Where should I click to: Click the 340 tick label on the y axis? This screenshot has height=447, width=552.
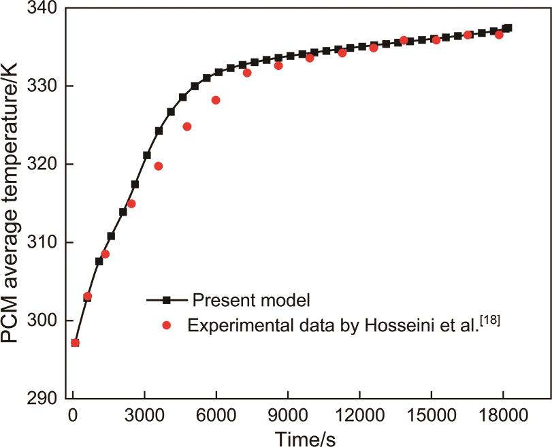[42, 9]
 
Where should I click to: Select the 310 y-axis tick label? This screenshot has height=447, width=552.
[42, 243]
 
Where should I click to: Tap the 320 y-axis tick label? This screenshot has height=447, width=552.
[42, 165]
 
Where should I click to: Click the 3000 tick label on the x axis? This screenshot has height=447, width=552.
[144, 414]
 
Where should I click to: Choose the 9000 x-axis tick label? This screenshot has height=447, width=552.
[287, 414]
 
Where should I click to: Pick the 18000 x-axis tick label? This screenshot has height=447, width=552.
[502, 414]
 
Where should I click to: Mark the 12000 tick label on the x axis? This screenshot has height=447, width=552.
[359, 414]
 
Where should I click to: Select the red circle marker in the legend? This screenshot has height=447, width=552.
[166, 325]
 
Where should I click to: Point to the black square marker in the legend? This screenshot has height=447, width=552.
[166, 299]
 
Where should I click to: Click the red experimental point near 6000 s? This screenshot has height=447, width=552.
[216, 100]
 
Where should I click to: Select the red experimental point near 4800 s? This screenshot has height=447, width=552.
[187, 127]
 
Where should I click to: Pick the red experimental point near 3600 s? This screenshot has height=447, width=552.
[159, 166]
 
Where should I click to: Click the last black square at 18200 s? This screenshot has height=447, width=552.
[507, 29]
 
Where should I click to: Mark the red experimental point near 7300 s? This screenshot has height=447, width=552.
[247, 73]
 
